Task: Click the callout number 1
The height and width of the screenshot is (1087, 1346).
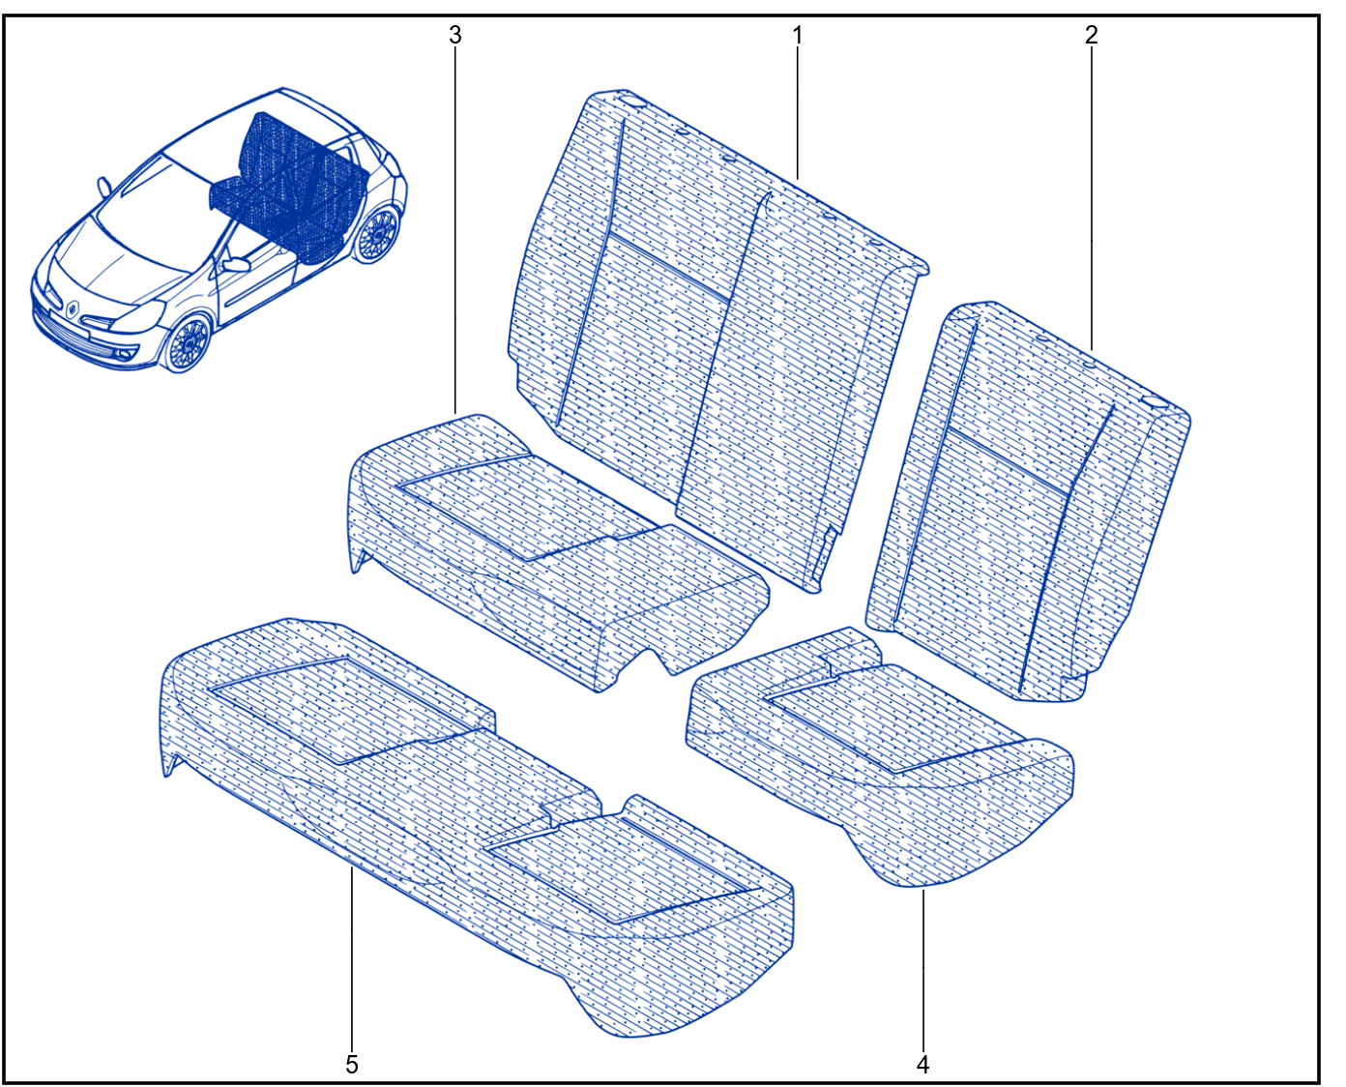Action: click(798, 36)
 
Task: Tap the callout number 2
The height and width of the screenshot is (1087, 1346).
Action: click(1092, 36)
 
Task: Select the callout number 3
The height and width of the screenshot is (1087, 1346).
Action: click(455, 36)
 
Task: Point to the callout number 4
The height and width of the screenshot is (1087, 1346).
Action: click(922, 1064)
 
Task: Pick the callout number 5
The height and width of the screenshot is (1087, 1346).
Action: click(352, 1064)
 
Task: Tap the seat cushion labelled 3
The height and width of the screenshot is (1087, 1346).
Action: click(556, 550)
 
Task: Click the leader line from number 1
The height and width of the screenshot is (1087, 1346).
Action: click(798, 114)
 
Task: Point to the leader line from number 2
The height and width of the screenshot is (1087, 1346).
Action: click(1092, 199)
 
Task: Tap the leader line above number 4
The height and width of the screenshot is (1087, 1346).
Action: click(922, 969)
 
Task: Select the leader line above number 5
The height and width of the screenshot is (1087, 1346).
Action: click(352, 958)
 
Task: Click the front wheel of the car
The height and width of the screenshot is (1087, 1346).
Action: click(188, 343)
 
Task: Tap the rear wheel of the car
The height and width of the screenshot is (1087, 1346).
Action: click(377, 236)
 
